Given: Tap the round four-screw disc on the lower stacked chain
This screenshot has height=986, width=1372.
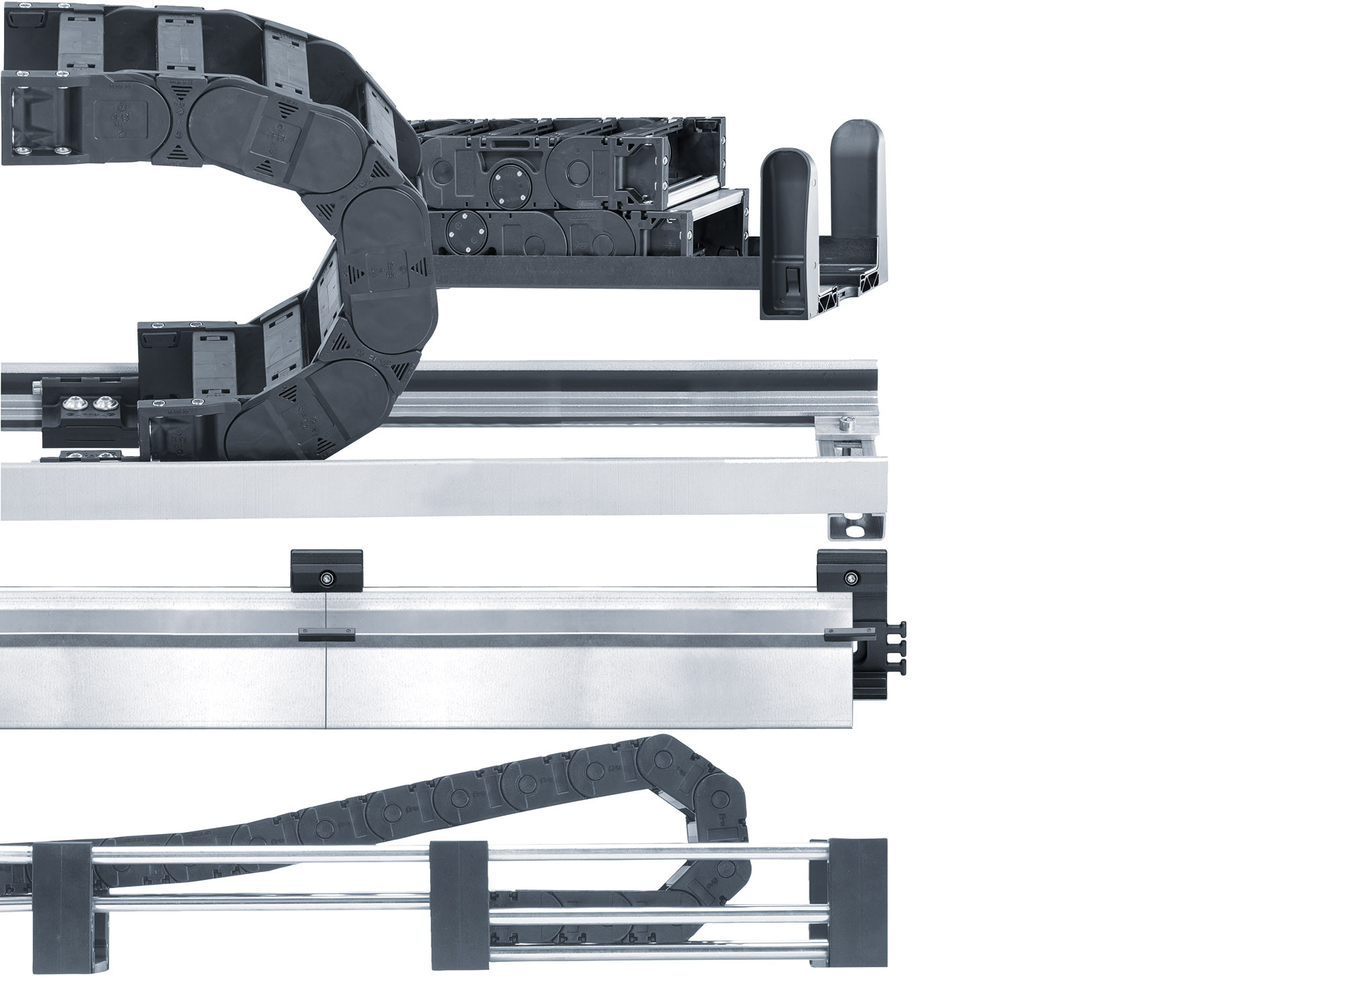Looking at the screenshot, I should (464, 229).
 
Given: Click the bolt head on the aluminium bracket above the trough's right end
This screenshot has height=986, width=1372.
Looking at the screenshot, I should (845, 424).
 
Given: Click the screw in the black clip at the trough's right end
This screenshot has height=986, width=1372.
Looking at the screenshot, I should (851, 577).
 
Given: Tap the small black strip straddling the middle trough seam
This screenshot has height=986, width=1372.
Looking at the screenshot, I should (326, 634).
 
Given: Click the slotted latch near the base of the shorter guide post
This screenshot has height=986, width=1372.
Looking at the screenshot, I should (788, 279).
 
